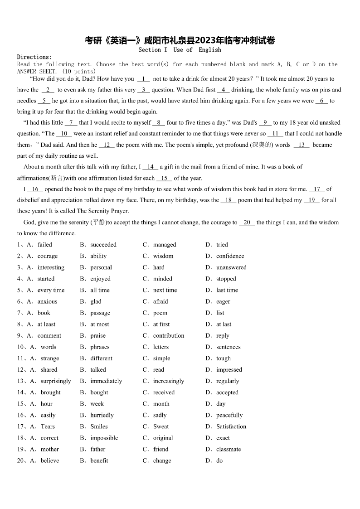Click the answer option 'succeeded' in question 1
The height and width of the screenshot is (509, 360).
103,245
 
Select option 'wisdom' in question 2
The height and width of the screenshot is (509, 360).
163,256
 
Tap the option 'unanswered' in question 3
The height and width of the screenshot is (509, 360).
231,267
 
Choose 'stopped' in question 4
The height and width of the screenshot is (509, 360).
226,279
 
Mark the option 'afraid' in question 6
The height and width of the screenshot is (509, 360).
161,301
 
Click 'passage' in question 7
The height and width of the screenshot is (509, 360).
100,313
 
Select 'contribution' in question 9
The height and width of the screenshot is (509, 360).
169,336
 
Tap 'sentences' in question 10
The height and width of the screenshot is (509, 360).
228,347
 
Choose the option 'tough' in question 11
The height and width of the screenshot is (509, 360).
224,359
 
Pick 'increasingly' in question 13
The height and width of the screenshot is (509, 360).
169,381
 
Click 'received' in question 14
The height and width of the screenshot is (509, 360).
164,393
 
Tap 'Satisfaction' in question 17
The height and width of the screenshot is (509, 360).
231,427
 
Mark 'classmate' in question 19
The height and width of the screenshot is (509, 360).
229,449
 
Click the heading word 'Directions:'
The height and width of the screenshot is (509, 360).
34,57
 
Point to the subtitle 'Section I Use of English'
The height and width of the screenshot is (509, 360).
180,50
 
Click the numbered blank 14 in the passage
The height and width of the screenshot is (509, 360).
151,167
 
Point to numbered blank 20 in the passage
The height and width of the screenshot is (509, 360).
247,223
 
